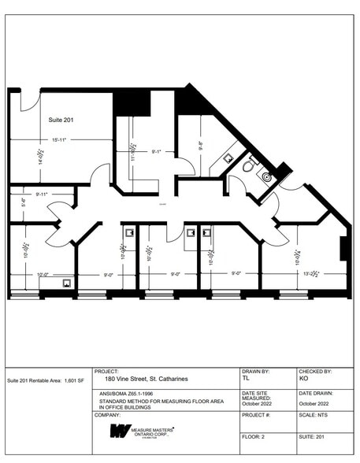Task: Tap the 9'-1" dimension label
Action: click(157, 151)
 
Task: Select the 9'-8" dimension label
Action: click(201, 146)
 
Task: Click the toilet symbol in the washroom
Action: click(249, 166)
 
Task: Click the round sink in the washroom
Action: click(266, 177)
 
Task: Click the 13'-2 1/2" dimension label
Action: click(313, 274)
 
